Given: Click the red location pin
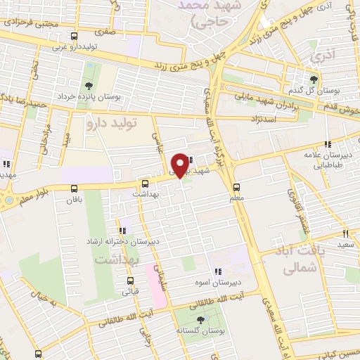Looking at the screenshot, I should point(180,165).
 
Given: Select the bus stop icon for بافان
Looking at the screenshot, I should point(75,188).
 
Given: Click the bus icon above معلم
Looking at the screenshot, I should point(236,187).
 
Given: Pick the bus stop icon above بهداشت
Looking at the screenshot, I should point(146,182).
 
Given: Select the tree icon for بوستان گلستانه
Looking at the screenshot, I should point(202,321).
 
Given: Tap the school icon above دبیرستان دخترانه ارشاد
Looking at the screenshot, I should point(124,230).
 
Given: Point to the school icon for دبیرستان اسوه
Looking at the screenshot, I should point(218,271).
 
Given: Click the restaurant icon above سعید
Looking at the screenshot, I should point(345,233).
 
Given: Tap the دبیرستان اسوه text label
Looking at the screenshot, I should point(218,282).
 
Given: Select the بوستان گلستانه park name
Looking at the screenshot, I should point(202,330).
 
